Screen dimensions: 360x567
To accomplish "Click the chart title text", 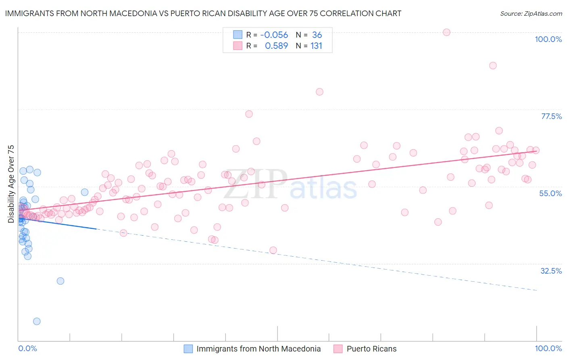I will point(203,13).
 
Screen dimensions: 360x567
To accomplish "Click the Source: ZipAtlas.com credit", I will point(531,13).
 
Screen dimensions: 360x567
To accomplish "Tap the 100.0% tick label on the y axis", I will point(548,39).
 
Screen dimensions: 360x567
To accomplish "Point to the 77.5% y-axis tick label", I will point(551,116).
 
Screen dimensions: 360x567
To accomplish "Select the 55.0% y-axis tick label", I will point(550,193).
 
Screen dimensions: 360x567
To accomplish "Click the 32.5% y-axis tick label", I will point(551,271).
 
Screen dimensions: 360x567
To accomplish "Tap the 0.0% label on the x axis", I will point(27,348).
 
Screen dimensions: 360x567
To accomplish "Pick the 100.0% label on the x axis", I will point(548,348).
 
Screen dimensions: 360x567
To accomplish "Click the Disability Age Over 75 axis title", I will point(11,184).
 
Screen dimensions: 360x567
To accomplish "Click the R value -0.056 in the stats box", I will point(274,35).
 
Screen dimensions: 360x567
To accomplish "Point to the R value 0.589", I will point(276,46).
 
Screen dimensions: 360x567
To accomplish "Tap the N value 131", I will point(316,46).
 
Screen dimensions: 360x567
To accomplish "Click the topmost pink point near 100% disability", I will point(446,32).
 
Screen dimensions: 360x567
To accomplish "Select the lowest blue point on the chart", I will point(37,321).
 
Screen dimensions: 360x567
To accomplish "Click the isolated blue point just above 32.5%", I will point(60,281).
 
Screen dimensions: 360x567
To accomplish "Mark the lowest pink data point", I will point(273,250).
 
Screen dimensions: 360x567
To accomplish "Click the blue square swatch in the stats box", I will point(238,35).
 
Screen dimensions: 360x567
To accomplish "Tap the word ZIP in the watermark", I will point(256,184).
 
